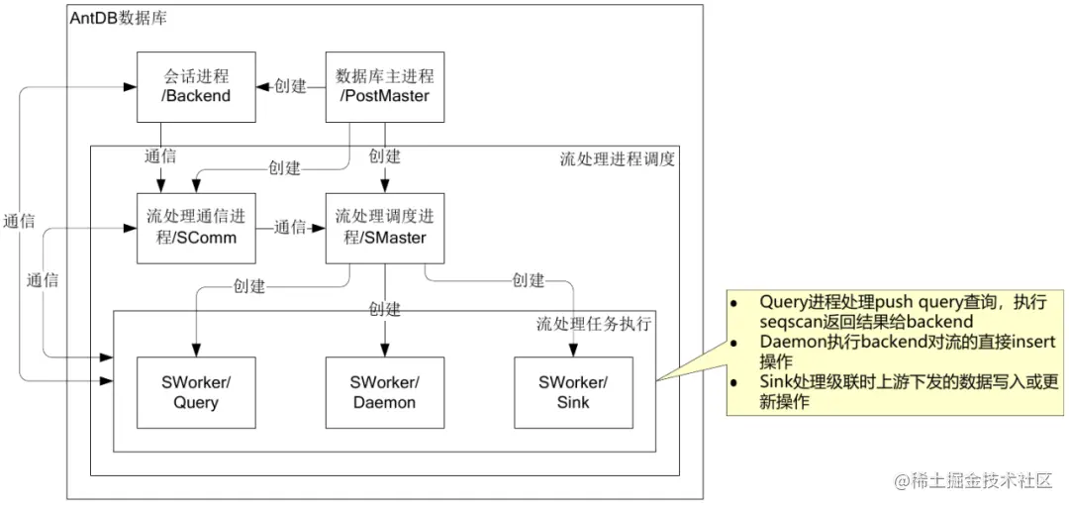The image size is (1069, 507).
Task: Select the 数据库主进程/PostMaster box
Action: pyautogui.click(x=385, y=86)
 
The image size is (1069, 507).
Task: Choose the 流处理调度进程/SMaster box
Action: pyautogui.click(x=385, y=227)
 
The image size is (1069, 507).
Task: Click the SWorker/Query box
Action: pyautogui.click(x=196, y=392)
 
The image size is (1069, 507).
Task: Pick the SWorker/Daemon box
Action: pyautogui.click(x=385, y=392)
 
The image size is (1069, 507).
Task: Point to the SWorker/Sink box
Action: pyautogui.click(x=573, y=392)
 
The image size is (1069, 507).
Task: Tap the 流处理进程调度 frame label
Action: pyautogui.click(x=617, y=158)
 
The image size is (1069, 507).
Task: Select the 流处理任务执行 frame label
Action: pyautogui.click(x=593, y=324)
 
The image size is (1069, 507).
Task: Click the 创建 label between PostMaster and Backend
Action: pyautogui.click(x=290, y=86)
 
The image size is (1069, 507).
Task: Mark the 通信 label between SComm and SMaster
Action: pyautogui.click(x=290, y=227)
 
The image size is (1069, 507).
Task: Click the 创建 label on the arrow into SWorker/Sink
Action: pyautogui.click(x=528, y=280)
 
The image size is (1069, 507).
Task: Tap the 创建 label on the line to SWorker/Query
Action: pyautogui.click(x=249, y=286)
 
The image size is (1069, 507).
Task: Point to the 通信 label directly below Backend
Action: pyautogui.click(x=160, y=155)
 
